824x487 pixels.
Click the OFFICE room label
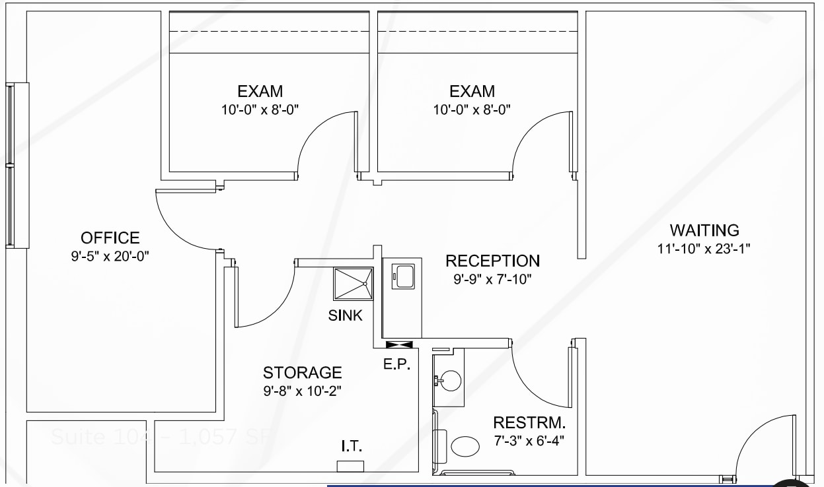tap(110, 238)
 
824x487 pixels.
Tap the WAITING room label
tap(704, 230)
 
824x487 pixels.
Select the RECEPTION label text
tap(492, 261)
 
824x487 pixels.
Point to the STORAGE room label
tap(302, 373)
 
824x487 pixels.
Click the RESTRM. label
tap(529, 422)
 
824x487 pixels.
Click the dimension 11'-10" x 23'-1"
tap(704, 249)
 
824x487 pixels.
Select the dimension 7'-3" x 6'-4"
tap(529, 440)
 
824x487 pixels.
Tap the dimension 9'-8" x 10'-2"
tap(302, 391)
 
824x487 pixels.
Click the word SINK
tap(346, 315)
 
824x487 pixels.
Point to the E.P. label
tap(397, 364)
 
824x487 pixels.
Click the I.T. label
tap(351, 447)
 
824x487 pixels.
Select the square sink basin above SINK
tap(353, 284)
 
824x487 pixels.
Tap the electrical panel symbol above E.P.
tap(399, 344)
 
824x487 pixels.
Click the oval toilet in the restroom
tap(465, 446)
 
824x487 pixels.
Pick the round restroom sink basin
tap(451, 381)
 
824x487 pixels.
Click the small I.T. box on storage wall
tap(350, 467)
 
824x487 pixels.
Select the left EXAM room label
tap(260, 91)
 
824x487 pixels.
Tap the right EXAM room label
tap(472, 91)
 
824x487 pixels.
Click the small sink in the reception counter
tap(403, 276)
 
